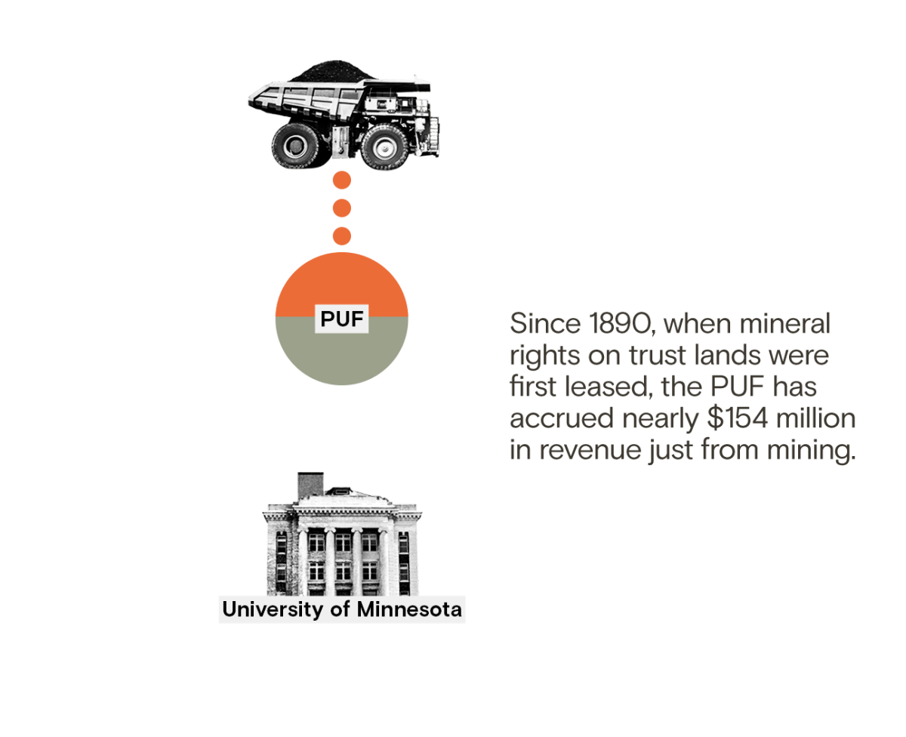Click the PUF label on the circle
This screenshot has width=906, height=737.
(x=341, y=319)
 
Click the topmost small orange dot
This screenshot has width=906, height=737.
(x=342, y=180)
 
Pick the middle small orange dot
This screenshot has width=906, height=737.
(x=342, y=208)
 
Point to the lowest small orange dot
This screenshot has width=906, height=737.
(x=342, y=236)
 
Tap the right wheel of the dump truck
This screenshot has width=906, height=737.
(x=385, y=147)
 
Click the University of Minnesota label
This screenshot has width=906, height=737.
(x=342, y=609)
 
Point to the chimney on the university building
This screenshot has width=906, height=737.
(x=310, y=485)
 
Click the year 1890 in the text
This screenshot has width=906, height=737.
(x=620, y=324)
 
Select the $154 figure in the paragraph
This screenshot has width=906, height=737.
(x=738, y=418)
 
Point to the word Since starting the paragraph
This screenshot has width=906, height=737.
(x=545, y=324)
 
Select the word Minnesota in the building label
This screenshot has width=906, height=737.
(x=409, y=609)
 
